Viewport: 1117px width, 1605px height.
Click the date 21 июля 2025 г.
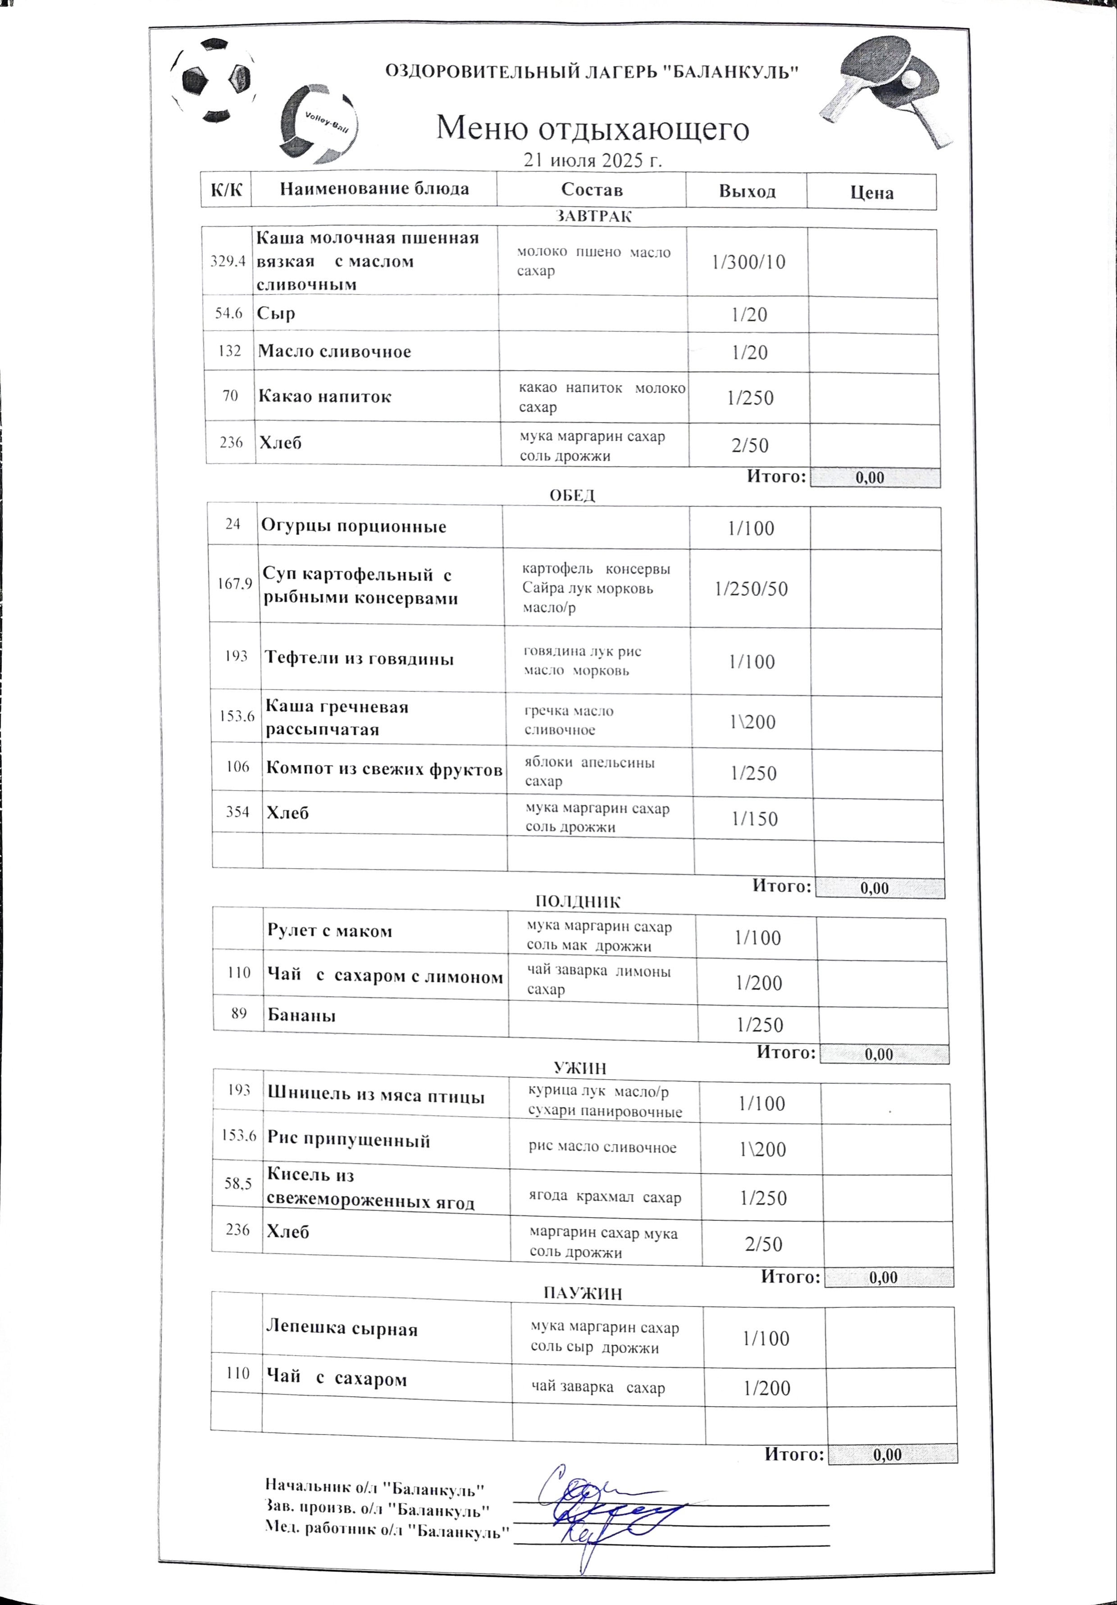click(x=593, y=161)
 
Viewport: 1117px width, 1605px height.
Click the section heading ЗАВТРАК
click(x=593, y=217)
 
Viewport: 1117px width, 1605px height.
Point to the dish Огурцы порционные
click(x=353, y=526)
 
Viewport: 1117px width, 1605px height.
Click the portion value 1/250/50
click(x=751, y=589)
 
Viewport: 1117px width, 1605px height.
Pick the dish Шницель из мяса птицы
click(x=376, y=1096)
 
